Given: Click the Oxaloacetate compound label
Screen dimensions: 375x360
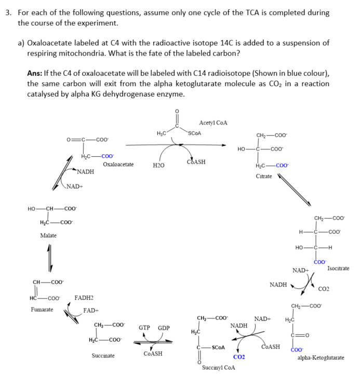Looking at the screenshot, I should (x=118, y=165).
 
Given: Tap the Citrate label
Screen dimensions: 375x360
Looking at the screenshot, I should (x=264, y=177).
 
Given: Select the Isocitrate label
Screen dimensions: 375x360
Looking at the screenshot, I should (x=338, y=268).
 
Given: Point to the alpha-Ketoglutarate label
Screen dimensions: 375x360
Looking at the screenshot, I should (x=321, y=358).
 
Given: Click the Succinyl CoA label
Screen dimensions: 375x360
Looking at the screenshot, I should (x=218, y=367).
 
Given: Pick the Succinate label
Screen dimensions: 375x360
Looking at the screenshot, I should (x=103, y=356).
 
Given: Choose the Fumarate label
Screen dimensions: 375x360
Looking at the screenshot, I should (x=42, y=310).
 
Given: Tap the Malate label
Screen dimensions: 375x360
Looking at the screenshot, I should (x=48, y=235).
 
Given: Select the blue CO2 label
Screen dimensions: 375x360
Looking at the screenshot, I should (x=239, y=357).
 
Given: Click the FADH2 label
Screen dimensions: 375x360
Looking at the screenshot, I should (x=84, y=298).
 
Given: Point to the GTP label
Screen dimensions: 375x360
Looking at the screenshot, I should (x=144, y=328).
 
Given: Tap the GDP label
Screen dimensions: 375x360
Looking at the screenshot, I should (x=164, y=328).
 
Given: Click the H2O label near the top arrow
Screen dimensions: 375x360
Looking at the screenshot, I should (x=158, y=165).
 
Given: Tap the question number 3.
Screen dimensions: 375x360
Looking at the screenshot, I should (x=8, y=12).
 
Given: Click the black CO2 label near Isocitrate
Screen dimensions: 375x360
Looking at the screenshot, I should (x=323, y=288).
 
